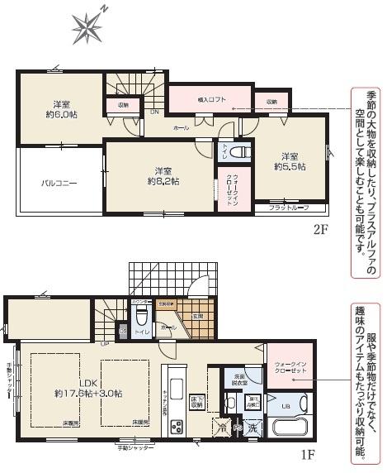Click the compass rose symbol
coord(85,27)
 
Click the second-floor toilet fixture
coord(239,153)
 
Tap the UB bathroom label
coord(286,406)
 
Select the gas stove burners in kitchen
coord(177,428)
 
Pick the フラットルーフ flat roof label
coord(288,208)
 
